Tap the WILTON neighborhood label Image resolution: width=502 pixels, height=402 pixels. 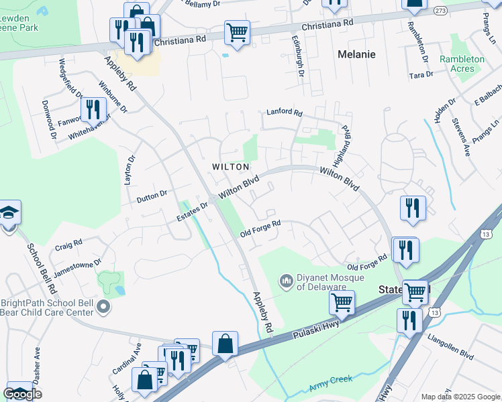(231, 167)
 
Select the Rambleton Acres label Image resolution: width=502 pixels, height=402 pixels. (462, 64)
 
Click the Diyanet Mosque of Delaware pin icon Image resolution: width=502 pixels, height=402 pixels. (287, 279)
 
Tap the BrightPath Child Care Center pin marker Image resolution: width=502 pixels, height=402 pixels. (103, 308)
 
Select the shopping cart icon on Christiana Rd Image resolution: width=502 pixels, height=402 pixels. (237, 32)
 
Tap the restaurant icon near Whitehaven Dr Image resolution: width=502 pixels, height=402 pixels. (93, 109)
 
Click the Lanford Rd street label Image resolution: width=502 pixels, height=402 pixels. (285, 113)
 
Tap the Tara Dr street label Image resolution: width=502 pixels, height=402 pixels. (421, 75)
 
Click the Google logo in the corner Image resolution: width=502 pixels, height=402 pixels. (23, 394)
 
